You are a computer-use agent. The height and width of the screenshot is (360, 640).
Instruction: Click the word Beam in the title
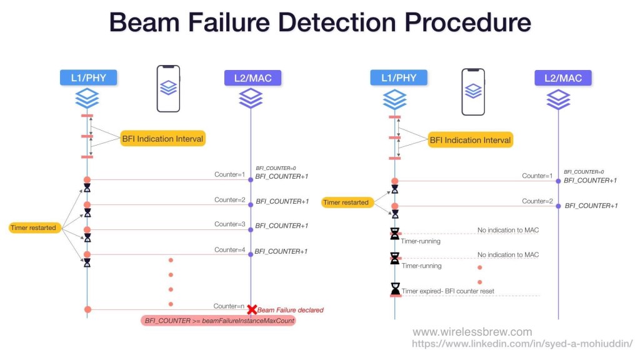click(146, 23)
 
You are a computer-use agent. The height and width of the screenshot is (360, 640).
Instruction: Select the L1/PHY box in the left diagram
click(87, 77)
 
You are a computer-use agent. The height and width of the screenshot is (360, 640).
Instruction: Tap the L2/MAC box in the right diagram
click(562, 78)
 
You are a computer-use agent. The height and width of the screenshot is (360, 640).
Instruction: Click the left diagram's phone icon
click(168, 89)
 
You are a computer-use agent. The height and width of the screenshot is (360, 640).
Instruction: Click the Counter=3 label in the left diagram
click(230, 224)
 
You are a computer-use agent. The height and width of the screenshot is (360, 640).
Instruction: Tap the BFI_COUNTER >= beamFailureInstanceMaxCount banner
click(219, 321)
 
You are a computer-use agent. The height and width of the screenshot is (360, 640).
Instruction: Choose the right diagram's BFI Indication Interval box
click(470, 140)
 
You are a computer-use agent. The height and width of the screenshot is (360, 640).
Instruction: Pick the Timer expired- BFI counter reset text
click(448, 291)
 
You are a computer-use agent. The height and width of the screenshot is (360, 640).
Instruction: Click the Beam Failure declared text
click(290, 309)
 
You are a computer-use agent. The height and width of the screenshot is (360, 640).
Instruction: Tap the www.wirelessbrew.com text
click(472, 332)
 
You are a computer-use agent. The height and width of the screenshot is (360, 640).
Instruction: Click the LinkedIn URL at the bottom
click(522, 344)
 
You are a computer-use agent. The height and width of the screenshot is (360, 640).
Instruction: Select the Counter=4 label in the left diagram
click(230, 250)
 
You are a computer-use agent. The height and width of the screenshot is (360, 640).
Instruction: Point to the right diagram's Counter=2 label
click(537, 201)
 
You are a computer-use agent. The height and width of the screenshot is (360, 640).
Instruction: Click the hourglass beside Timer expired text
click(395, 289)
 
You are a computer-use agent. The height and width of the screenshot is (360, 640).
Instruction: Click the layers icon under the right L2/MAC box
click(558, 99)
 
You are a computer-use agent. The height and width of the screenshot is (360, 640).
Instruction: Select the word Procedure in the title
click(462, 23)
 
